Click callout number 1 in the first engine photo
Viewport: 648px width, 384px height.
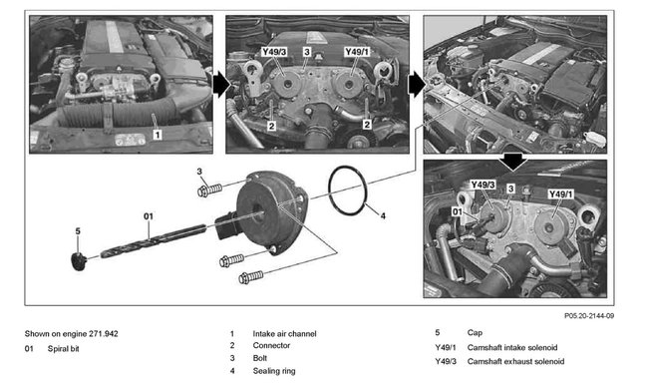coord(157,130)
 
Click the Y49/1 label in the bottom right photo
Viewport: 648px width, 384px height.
coord(562,194)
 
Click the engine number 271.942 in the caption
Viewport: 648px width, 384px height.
coord(100,333)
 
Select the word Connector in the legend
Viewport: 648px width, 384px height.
coord(272,346)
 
